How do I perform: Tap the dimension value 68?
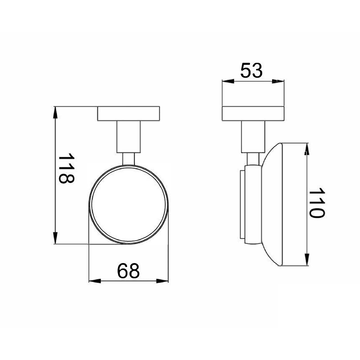129,271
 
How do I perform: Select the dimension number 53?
251,71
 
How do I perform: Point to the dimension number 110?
316,202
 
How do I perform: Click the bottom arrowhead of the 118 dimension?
55,238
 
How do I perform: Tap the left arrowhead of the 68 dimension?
95,281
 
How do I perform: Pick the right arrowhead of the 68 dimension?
162,281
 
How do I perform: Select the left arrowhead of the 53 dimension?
228,81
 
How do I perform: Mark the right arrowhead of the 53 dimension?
278,81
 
